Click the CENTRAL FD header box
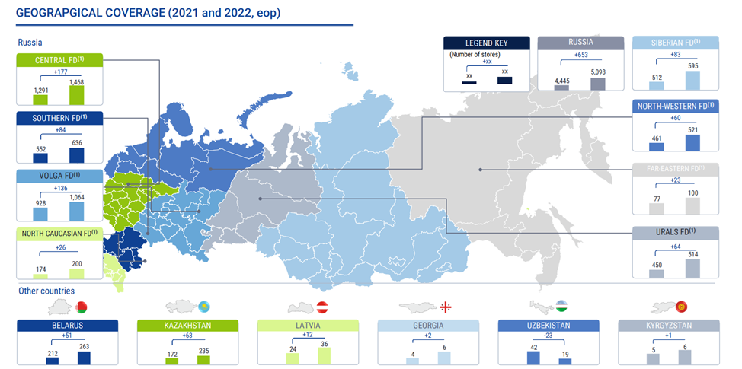tap(59, 60)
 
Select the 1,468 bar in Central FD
tap(76, 94)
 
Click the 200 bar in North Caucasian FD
tap(76, 273)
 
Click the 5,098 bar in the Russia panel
tap(597, 84)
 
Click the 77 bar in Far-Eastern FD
tap(656, 208)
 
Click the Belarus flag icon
tap(82, 307)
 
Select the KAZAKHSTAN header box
tap(187, 325)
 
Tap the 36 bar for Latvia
tap(325, 356)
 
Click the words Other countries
tap(46, 291)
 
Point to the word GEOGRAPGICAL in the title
tap(62, 12)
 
